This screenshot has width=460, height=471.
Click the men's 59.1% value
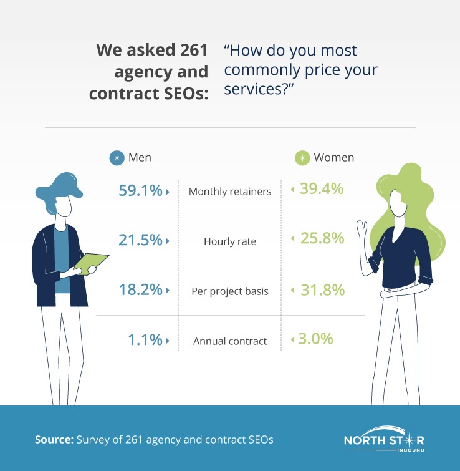tap(140, 190)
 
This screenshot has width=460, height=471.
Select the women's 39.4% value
tap(321, 189)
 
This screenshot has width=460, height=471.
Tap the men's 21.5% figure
tap(140, 240)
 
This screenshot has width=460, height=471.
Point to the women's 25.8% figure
tap(321, 239)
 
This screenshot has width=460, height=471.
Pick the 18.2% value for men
tap(140, 290)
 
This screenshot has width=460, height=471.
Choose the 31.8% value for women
tap(321, 289)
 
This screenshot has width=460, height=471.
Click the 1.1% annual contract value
tap(145, 340)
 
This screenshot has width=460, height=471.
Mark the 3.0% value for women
tap(316, 339)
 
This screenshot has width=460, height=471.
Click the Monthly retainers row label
tap(230, 192)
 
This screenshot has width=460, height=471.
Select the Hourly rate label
tap(230, 241)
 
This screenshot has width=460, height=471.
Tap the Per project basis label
tap(230, 291)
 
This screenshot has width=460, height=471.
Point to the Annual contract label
tap(230, 341)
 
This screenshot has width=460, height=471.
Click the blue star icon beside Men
tap(117, 158)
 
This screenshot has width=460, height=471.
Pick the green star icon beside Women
tap(302, 158)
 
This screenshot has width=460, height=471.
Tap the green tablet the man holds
tap(92, 262)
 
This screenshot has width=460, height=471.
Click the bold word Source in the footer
tap(53, 439)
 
